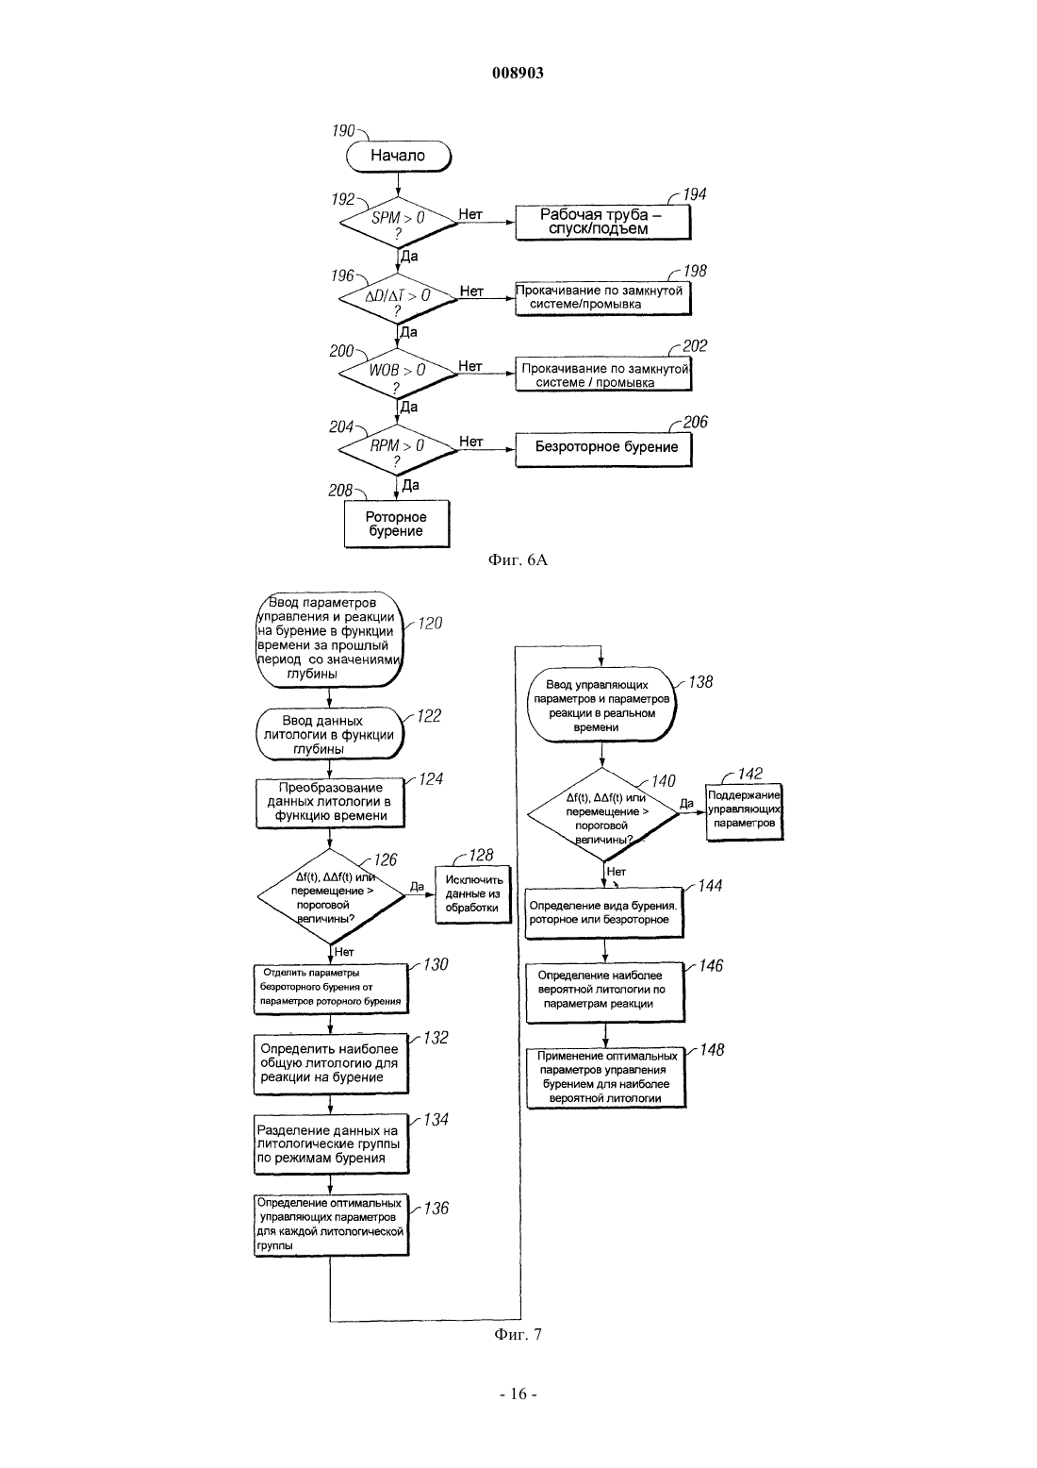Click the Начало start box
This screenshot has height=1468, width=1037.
tap(398, 157)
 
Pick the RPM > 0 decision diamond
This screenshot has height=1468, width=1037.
tap(398, 450)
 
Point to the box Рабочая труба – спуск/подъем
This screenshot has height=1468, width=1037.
tap(603, 222)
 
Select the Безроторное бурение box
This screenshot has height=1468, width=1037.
tap(603, 449)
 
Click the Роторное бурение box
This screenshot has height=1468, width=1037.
tap(397, 524)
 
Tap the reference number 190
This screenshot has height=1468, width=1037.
tap(344, 130)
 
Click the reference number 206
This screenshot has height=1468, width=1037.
tap(696, 422)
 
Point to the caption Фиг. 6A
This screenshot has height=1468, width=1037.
tap(518, 559)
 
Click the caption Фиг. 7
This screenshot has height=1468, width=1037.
tap(518, 1334)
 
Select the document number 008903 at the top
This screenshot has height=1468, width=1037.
tap(518, 73)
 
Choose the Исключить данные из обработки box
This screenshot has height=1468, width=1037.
tap(473, 894)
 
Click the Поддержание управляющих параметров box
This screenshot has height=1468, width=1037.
tap(745, 811)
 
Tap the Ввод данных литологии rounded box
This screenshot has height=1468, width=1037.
tap(329, 734)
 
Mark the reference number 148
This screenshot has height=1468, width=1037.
tap(713, 1050)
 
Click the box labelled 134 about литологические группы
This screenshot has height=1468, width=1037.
tap(331, 1144)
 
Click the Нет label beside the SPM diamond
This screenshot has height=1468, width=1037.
tap(470, 214)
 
